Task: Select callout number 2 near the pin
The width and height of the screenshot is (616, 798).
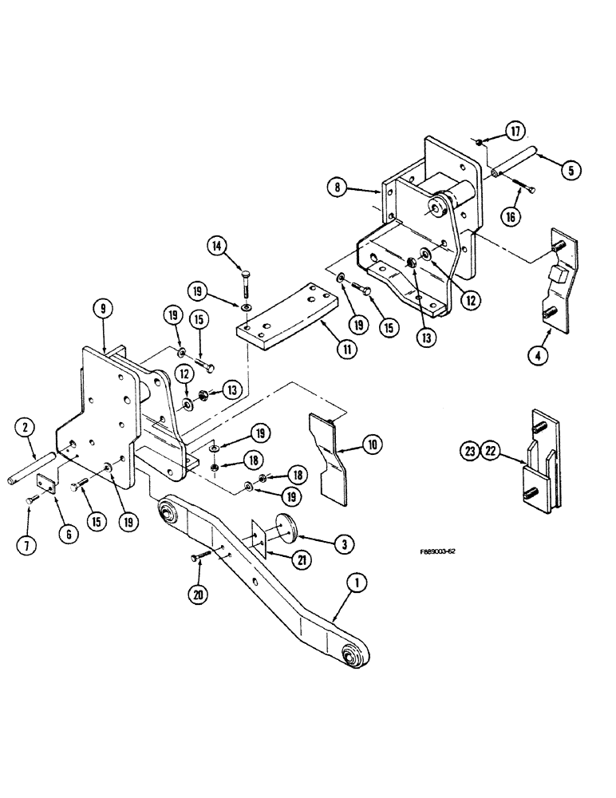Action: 26,429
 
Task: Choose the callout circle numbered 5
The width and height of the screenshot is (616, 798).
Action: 572,169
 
